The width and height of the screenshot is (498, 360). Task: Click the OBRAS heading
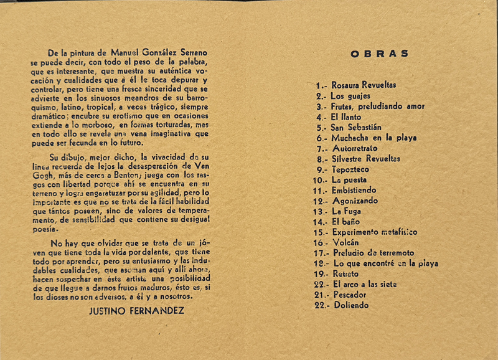tap(379, 54)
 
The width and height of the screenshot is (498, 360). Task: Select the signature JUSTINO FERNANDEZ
tap(137, 310)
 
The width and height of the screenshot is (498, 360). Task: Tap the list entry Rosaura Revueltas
tap(364, 85)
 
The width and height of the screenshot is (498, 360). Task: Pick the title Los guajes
tap(350, 96)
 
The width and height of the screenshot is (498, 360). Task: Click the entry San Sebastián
tap(357, 127)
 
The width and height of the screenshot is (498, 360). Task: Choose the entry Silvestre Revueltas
tap(365, 159)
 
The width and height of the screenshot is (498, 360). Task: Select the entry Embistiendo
tap(354, 190)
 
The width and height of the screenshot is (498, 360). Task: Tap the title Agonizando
tap(354, 201)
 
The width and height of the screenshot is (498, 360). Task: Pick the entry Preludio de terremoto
tap(373, 253)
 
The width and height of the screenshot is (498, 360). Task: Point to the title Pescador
tap(350, 295)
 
